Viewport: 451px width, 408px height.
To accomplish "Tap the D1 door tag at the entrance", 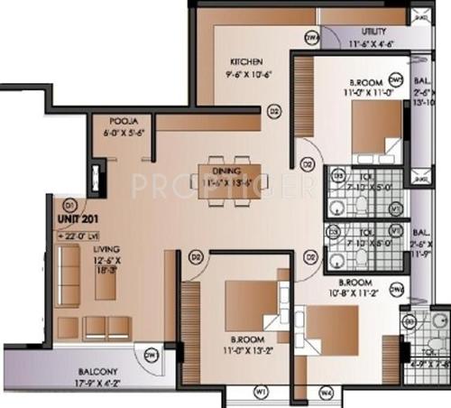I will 69,204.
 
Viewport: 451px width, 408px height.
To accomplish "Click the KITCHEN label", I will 246,62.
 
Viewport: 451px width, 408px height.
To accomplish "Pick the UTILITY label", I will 373,31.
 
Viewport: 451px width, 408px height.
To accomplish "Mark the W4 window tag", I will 327,392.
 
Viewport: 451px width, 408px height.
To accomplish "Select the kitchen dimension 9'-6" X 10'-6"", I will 247,75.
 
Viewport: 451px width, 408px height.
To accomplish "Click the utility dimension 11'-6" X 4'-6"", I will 373,42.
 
